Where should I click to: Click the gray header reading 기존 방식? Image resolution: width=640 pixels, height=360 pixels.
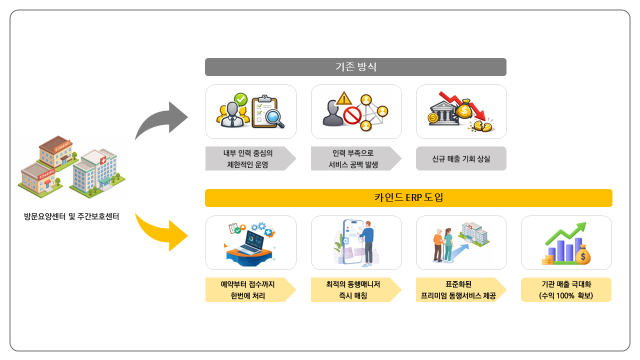click(x=355, y=67)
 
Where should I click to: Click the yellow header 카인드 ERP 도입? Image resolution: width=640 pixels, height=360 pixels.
click(x=408, y=196)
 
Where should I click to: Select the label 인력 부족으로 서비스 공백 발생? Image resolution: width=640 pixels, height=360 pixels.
click(x=355, y=158)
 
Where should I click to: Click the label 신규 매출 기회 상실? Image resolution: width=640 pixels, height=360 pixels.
click(x=460, y=158)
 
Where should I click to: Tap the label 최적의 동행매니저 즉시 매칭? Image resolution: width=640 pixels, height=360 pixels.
click(x=355, y=290)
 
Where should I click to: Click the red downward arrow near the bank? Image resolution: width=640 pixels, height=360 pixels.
click(x=466, y=105)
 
